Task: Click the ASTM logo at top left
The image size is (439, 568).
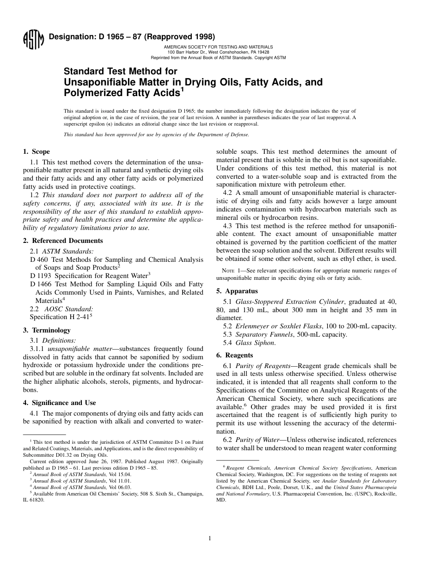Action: [33, 40]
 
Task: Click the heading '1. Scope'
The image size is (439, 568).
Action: [37, 151]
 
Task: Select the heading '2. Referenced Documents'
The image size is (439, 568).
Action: [63, 241]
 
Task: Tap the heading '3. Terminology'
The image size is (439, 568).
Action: [47, 330]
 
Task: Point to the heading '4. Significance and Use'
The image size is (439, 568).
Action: [60, 403]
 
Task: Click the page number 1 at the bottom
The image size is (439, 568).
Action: [210, 538]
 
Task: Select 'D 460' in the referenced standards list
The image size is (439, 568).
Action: [38, 260]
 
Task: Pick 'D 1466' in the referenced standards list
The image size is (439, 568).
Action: [40, 284]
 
